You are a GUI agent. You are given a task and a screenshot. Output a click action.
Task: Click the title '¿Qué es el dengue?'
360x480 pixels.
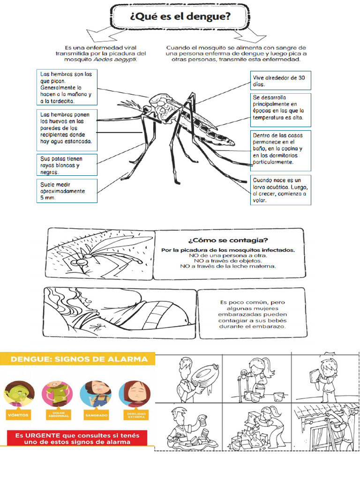pyautogui.click(x=180, y=18)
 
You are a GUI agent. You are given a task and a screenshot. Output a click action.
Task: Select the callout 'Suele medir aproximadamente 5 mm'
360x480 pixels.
pyautogui.click(x=67, y=191)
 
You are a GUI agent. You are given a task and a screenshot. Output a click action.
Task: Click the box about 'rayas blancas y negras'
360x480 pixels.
pyautogui.click(x=67, y=165)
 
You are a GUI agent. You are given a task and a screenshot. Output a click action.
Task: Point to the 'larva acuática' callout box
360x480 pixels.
pyautogui.click(x=281, y=190)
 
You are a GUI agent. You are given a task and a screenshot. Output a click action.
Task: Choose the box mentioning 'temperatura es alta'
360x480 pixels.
pyautogui.click(x=281, y=110)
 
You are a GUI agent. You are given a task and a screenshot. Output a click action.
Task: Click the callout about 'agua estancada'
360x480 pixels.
pyautogui.click(x=67, y=128)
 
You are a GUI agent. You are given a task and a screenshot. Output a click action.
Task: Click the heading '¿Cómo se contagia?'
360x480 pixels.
pyautogui.click(x=228, y=240)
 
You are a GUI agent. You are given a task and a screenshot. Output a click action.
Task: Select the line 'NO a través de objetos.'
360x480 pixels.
pyautogui.click(x=228, y=261)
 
